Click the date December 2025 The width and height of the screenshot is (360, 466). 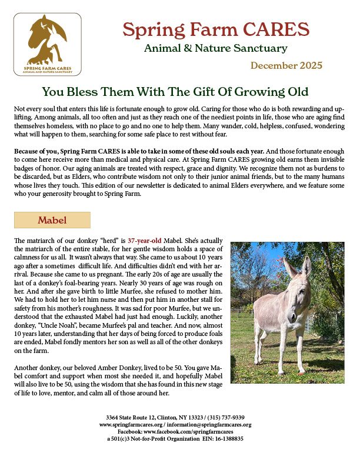[286, 65]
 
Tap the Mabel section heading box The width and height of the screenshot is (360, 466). [52, 220]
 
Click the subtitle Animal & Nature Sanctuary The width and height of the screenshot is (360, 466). [215, 48]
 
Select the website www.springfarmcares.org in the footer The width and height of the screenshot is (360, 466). [134, 424]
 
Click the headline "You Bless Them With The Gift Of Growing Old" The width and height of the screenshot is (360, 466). [175, 92]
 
